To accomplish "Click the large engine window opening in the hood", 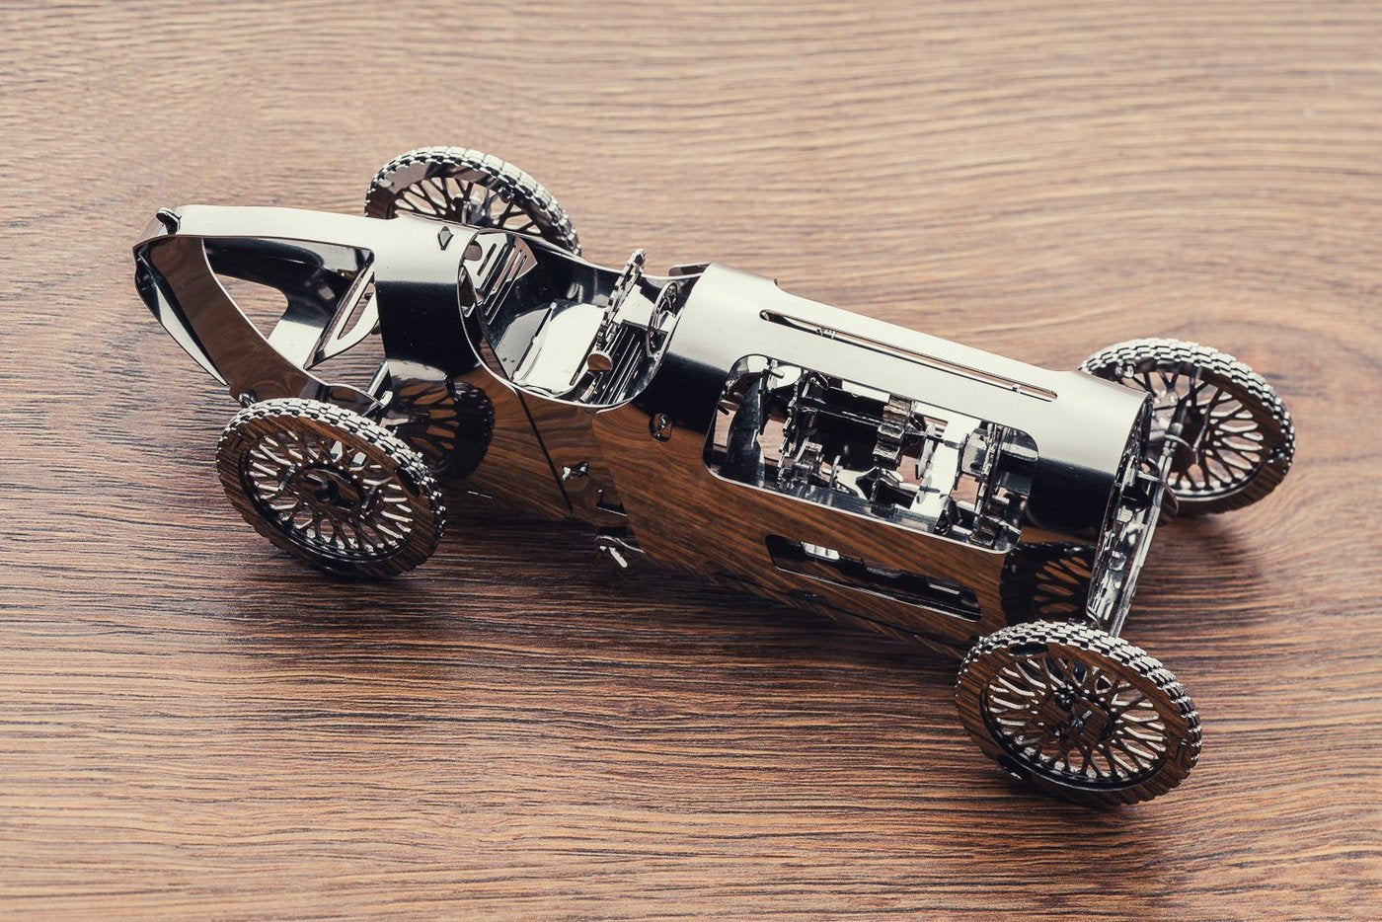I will point(869,449).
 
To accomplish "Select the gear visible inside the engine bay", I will point(898,424).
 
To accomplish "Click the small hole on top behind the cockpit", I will point(445,238).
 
